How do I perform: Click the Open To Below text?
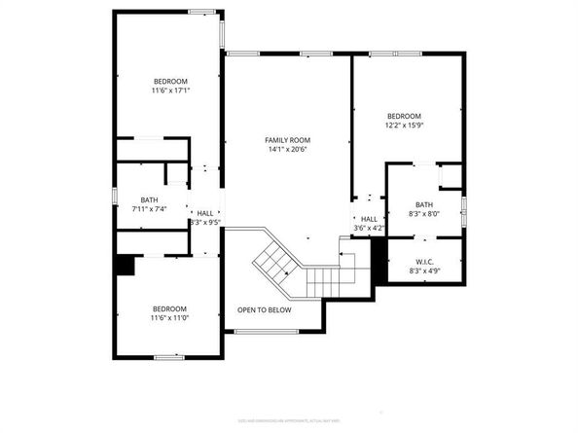(x=265, y=310)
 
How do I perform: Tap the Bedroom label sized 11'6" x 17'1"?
(x=170, y=81)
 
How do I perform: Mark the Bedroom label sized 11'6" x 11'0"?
(x=169, y=307)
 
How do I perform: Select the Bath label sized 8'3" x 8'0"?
(x=424, y=204)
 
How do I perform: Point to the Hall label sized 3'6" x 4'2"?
(x=369, y=219)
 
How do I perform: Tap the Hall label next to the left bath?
(x=205, y=213)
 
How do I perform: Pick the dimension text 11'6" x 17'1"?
(x=170, y=90)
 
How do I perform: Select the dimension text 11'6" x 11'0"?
(x=169, y=317)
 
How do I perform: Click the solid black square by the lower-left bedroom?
(x=125, y=265)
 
